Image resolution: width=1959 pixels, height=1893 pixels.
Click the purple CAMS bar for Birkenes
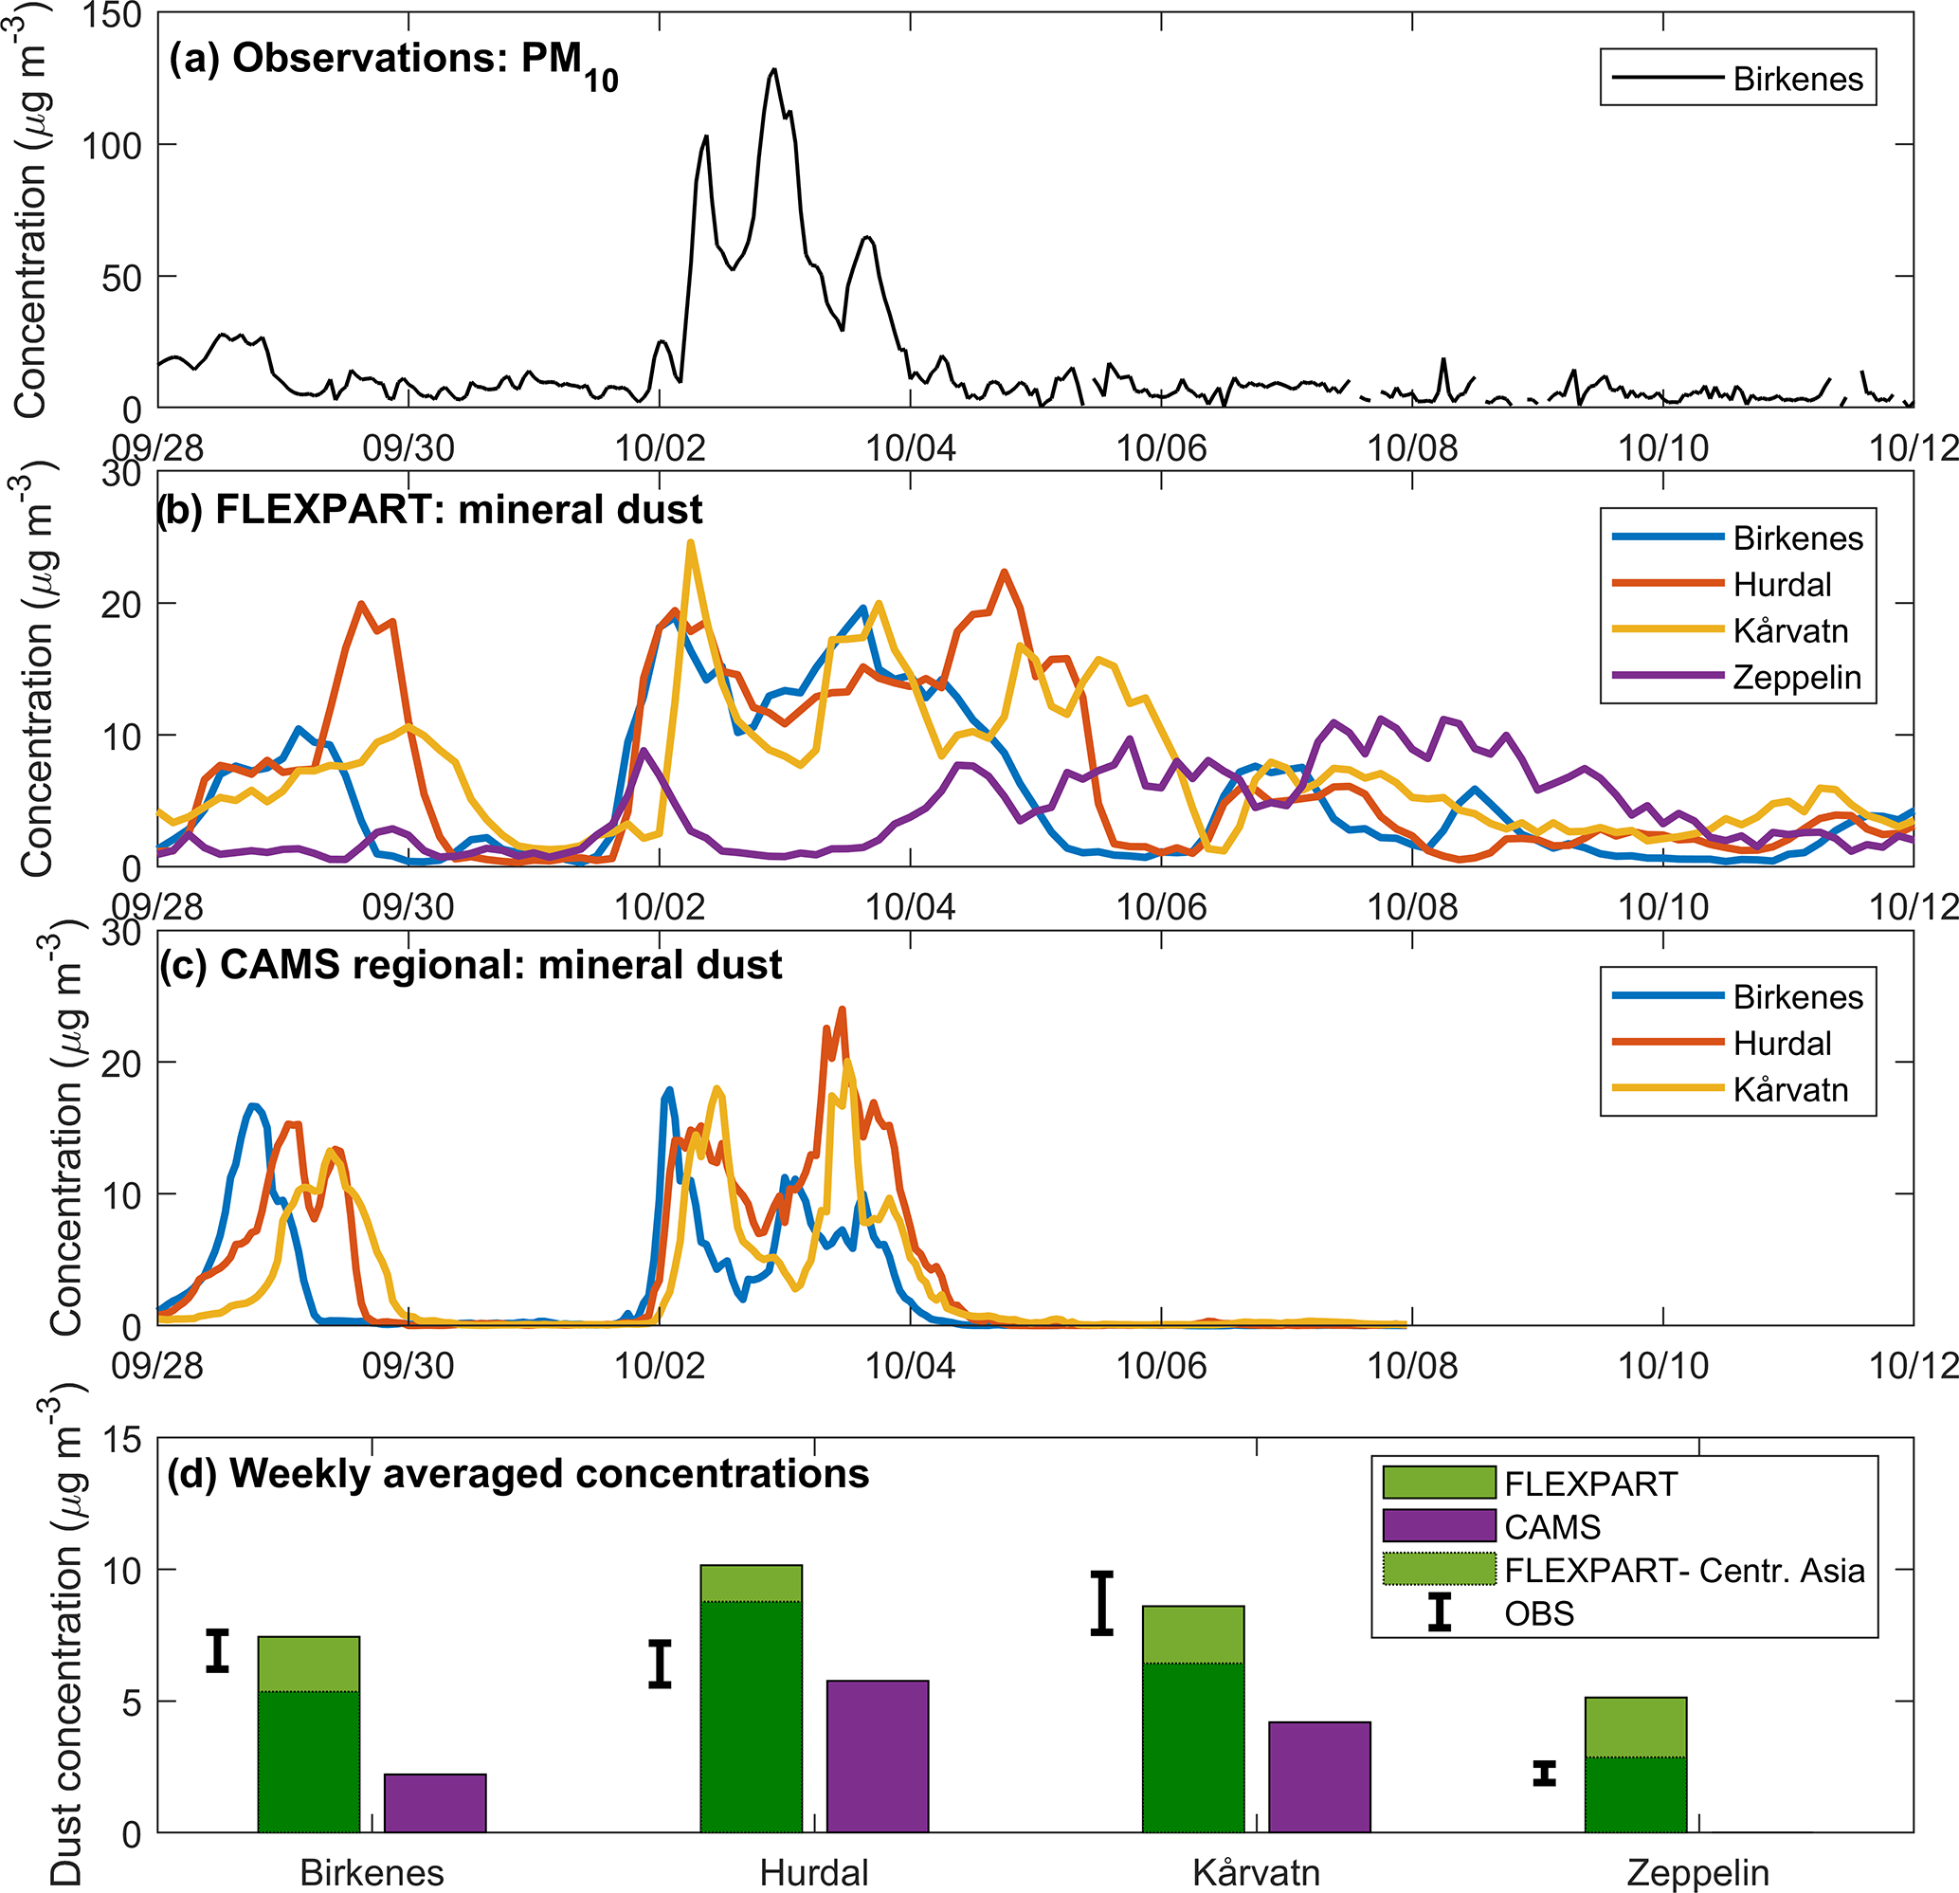[x=435, y=1803]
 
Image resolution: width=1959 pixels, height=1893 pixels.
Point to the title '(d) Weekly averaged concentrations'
[x=517, y=1474]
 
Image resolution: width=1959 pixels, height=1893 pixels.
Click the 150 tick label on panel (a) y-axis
[x=114, y=16]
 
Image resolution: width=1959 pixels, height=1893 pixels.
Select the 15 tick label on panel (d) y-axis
[x=122, y=1440]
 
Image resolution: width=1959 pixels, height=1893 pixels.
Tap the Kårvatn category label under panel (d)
[x=1257, y=1872]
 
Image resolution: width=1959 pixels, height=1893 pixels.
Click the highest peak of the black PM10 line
[x=773, y=70]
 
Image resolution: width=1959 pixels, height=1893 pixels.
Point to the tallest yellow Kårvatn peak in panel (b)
[x=691, y=543]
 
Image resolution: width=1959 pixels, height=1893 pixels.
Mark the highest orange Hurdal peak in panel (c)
[x=843, y=1010]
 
